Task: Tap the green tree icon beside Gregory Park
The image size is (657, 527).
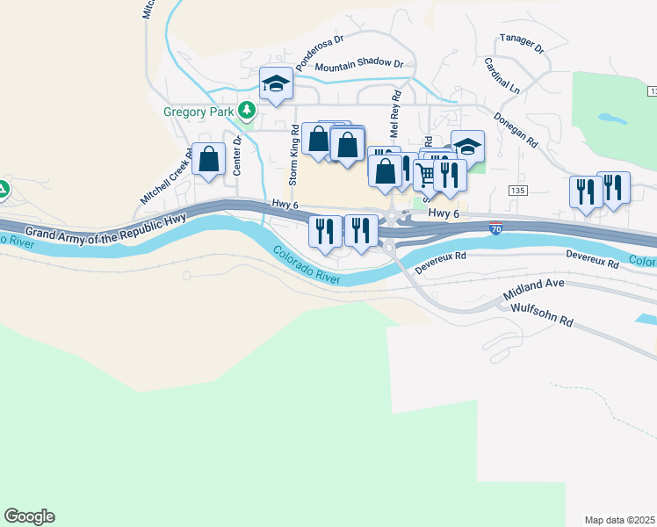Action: click(x=249, y=111)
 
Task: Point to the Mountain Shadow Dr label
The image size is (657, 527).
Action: click(x=358, y=66)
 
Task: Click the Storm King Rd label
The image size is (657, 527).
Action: click(x=293, y=148)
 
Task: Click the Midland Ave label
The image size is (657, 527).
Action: click(x=532, y=295)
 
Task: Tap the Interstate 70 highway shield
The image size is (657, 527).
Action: click(x=497, y=227)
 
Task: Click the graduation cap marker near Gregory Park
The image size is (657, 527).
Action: click(x=276, y=83)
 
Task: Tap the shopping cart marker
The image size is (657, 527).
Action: click(x=426, y=175)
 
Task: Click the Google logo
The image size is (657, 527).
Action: click(x=29, y=516)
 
